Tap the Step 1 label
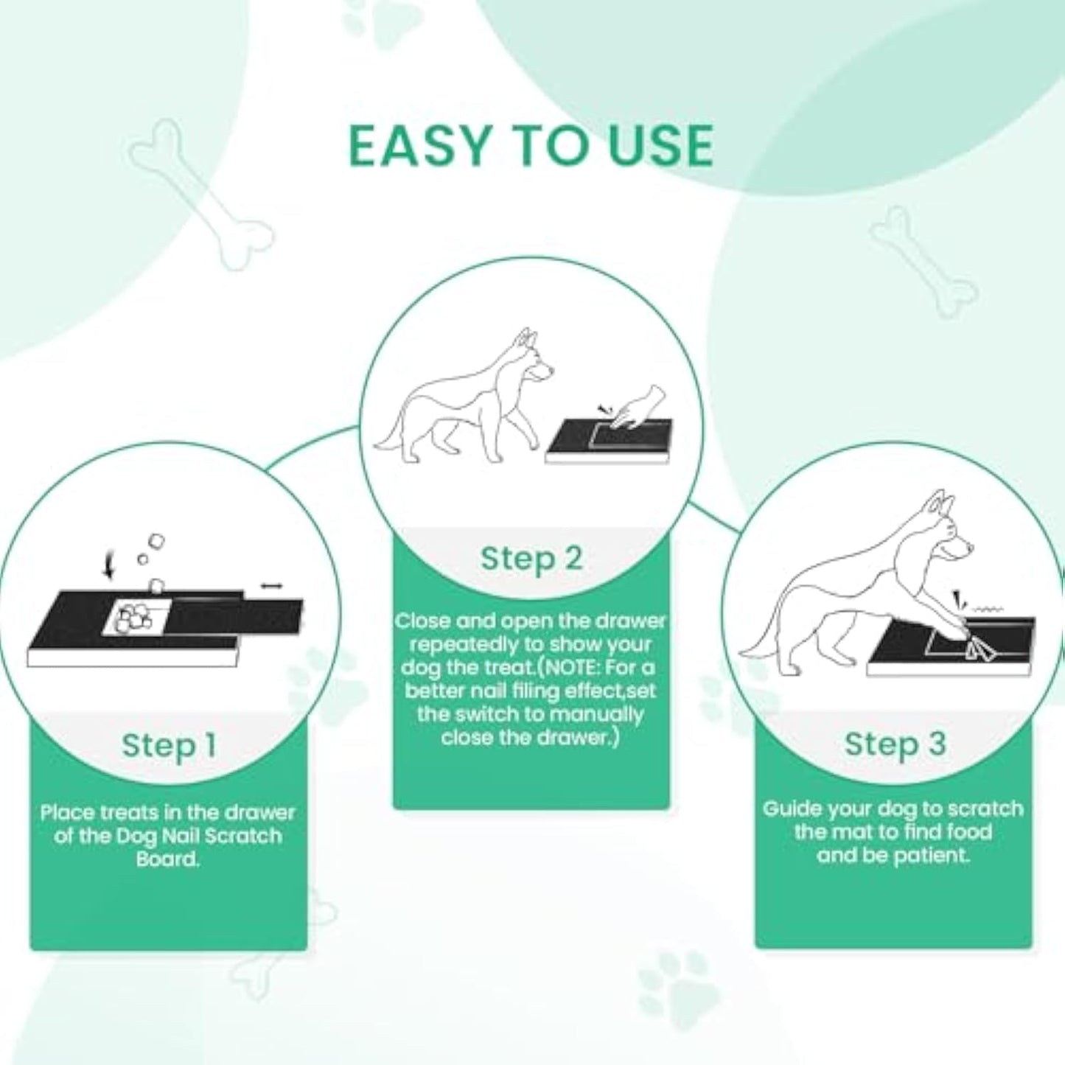(169, 745)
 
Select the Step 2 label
(531, 558)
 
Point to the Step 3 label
(895, 744)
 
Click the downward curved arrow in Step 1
(110, 566)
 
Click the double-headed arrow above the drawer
(271, 585)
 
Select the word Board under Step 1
(168, 859)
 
